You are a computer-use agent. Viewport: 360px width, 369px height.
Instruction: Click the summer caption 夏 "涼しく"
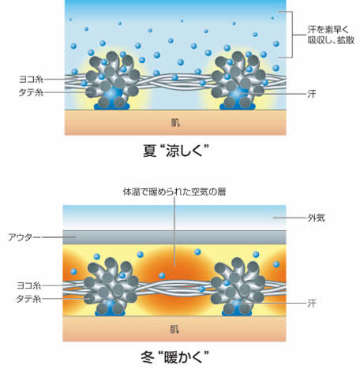pyautogui.click(x=176, y=151)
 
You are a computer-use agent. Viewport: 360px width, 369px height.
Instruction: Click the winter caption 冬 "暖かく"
pyautogui.click(x=175, y=357)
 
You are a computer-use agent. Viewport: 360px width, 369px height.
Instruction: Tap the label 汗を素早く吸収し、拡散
pyautogui.click(x=331, y=35)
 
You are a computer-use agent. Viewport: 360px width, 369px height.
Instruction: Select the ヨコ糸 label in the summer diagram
pyautogui.click(x=31, y=79)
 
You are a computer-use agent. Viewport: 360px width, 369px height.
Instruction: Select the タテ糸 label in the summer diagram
pyautogui.click(x=31, y=92)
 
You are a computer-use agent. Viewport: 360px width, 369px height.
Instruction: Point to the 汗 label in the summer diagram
pyautogui.click(x=312, y=94)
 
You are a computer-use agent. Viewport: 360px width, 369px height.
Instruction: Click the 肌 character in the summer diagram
pyautogui.click(x=175, y=122)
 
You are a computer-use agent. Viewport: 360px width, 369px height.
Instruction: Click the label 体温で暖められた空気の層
pyautogui.click(x=174, y=192)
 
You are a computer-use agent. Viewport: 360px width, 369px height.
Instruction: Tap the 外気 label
pyautogui.click(x=317, y=218)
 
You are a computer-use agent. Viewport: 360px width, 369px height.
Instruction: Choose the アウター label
pyautogui.click(x=24, y=237)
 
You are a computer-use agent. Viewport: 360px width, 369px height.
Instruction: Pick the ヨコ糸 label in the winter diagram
pyautogui.click(x=29, y=285)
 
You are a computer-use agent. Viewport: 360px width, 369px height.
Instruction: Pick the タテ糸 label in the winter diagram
pyautogui.click(x=29, y=299)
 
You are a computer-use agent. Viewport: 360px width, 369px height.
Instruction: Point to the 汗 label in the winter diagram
pyautogui.click(x=312, y=304)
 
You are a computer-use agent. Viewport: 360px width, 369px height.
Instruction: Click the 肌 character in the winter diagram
pyautogui.click(x=174, y=329)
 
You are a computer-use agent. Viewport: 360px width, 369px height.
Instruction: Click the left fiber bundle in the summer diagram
pyautogui.click(x=113, y=80)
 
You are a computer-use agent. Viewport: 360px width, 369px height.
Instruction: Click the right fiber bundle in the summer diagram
pyautogui.click(x=238, y=80)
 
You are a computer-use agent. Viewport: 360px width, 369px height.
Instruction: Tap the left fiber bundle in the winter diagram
pyautogui.click(x=111, y=286)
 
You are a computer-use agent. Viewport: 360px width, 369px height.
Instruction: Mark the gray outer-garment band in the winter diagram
pyautogui.click(x=174, y=237)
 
